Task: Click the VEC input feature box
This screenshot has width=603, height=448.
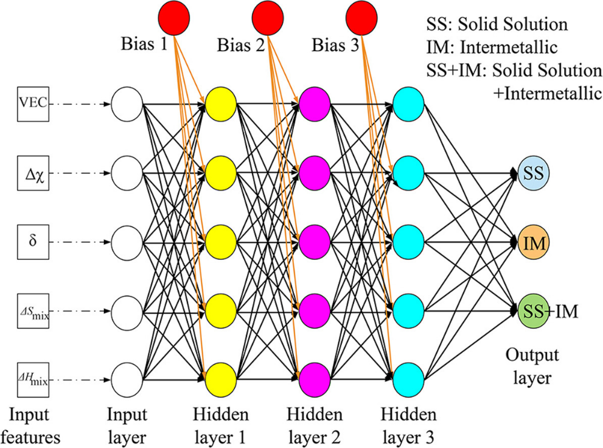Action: point(33,104)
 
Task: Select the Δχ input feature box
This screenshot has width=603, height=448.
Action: point(33,173)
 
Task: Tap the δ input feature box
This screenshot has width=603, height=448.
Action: point(33,242)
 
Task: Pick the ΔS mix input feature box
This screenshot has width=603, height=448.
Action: point(33,312)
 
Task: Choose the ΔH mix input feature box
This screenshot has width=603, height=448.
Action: point(33,380)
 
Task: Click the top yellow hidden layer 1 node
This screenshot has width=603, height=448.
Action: point(221,104)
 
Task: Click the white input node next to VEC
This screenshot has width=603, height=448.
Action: point(127,104)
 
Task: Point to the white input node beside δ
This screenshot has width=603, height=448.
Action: point(127,242)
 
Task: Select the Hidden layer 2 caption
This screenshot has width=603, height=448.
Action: point(314,425)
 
